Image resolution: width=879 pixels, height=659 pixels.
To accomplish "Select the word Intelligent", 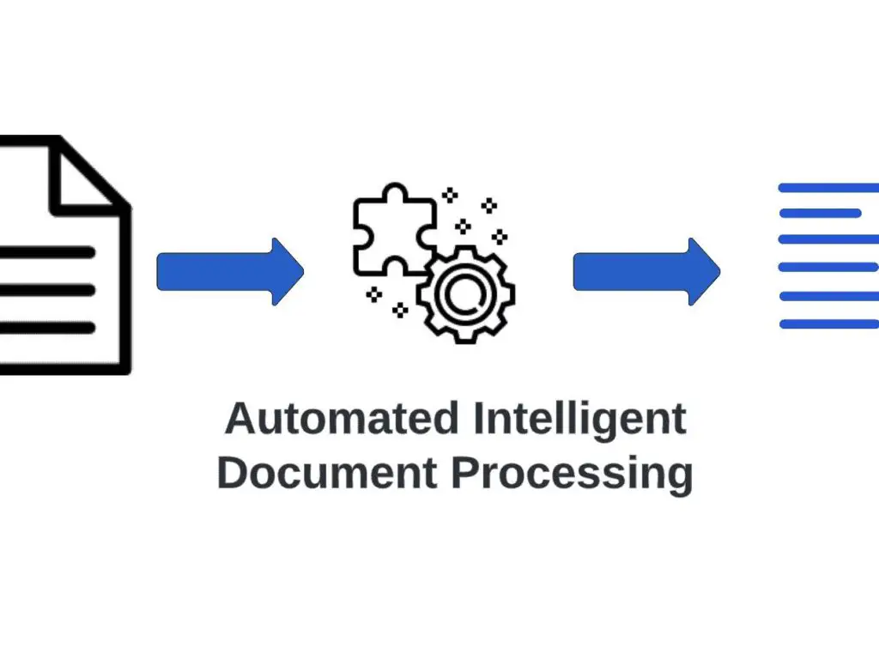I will (580, 420).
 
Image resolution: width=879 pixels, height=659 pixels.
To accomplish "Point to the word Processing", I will (572, 475).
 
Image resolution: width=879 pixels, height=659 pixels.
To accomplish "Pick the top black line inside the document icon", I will (47, 253).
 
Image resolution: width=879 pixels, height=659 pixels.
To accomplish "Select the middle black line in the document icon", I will (47, 290).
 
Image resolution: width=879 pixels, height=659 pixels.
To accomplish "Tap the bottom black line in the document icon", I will (47, 327).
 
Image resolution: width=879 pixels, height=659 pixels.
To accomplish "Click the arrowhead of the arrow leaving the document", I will (288, 272).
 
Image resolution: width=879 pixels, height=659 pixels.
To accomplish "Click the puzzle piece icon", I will (386, 227).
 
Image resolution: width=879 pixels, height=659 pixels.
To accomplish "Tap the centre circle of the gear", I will (464, 293).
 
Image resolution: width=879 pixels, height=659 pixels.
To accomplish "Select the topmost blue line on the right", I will (828, 187).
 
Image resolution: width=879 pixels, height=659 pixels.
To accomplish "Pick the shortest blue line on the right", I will (820, 213).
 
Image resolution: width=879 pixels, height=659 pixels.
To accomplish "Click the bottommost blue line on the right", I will (828, 323).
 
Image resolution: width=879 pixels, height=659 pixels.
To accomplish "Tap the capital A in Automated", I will (239, 420).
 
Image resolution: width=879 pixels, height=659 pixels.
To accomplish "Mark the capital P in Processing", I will (464, 473).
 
